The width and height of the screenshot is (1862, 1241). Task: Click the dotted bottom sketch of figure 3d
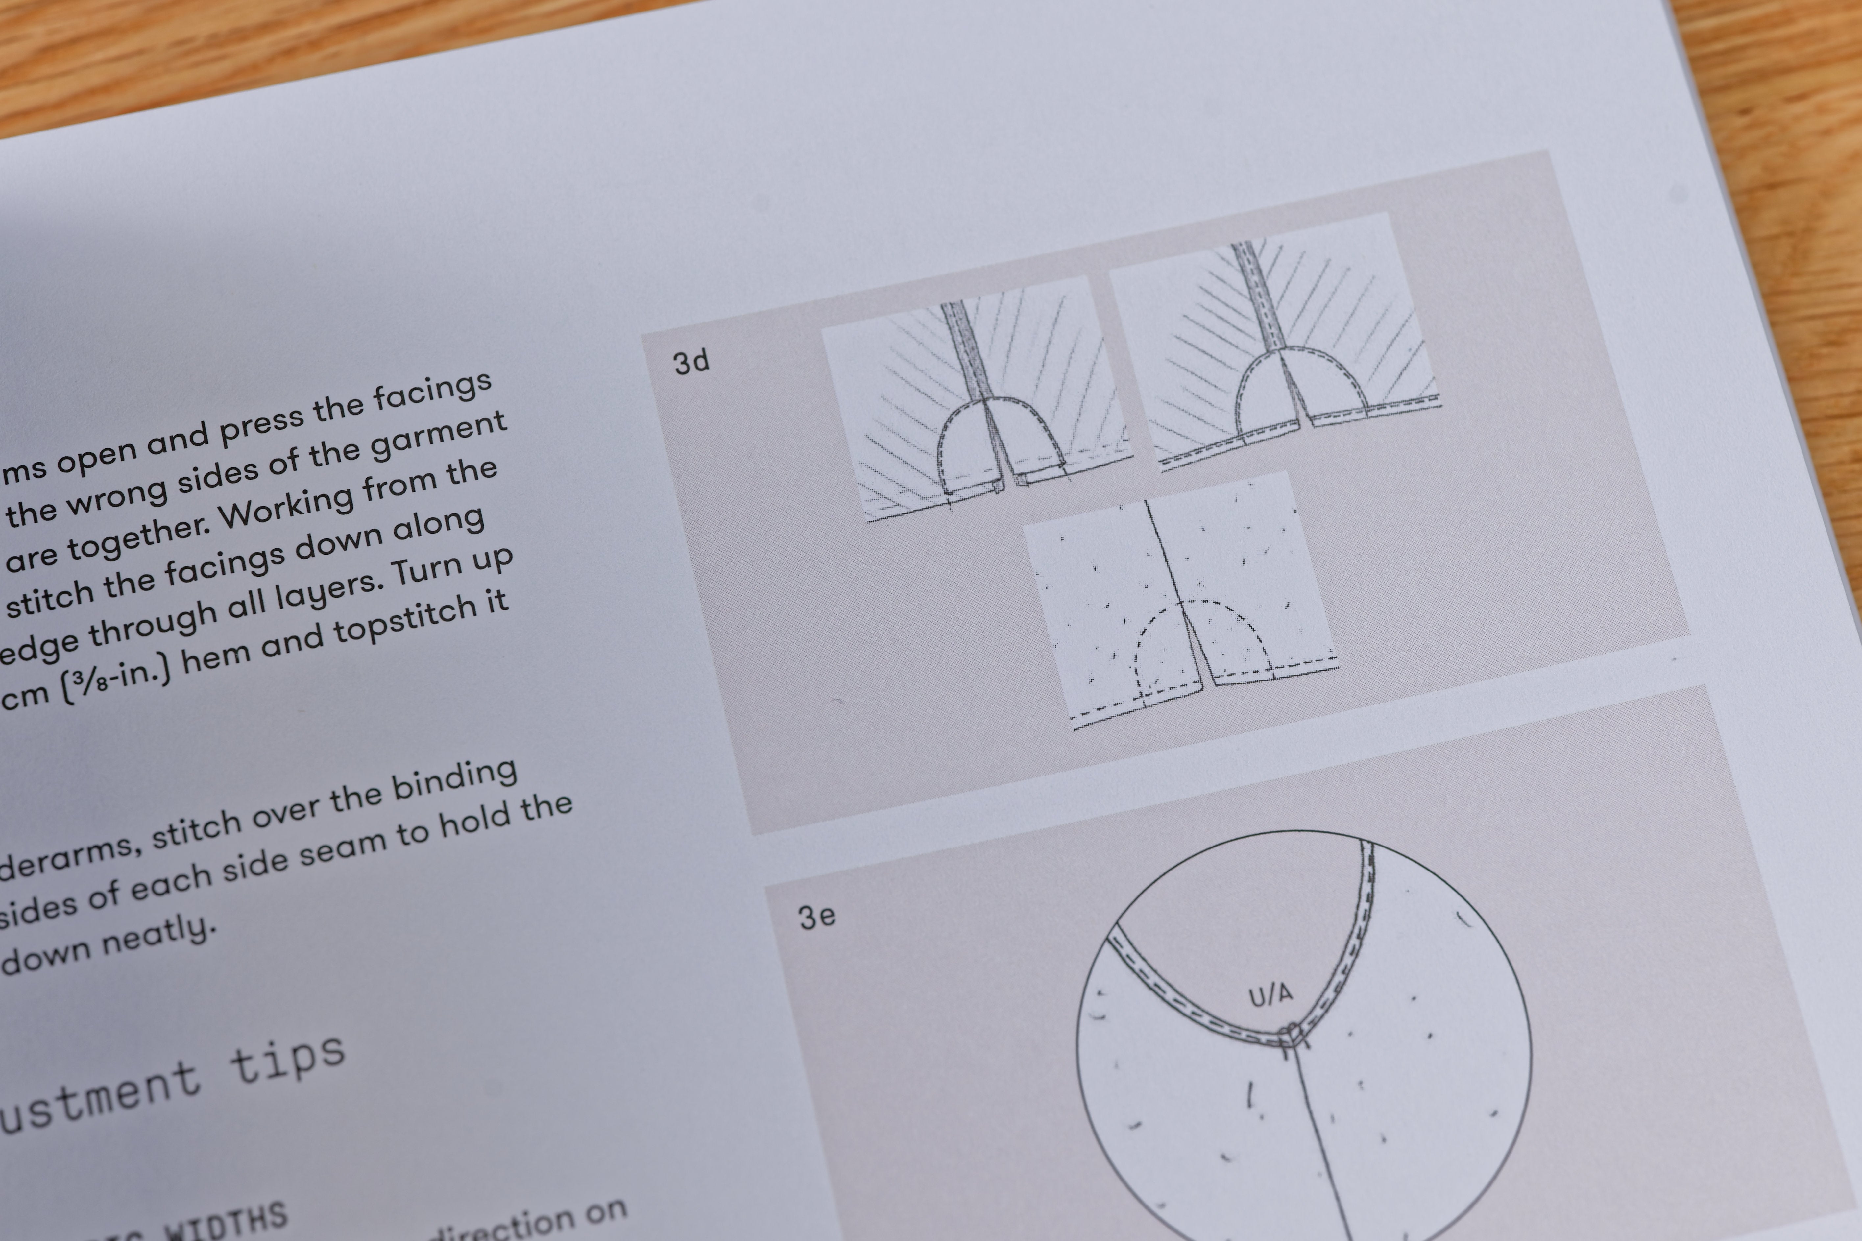pos(1180,602)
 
